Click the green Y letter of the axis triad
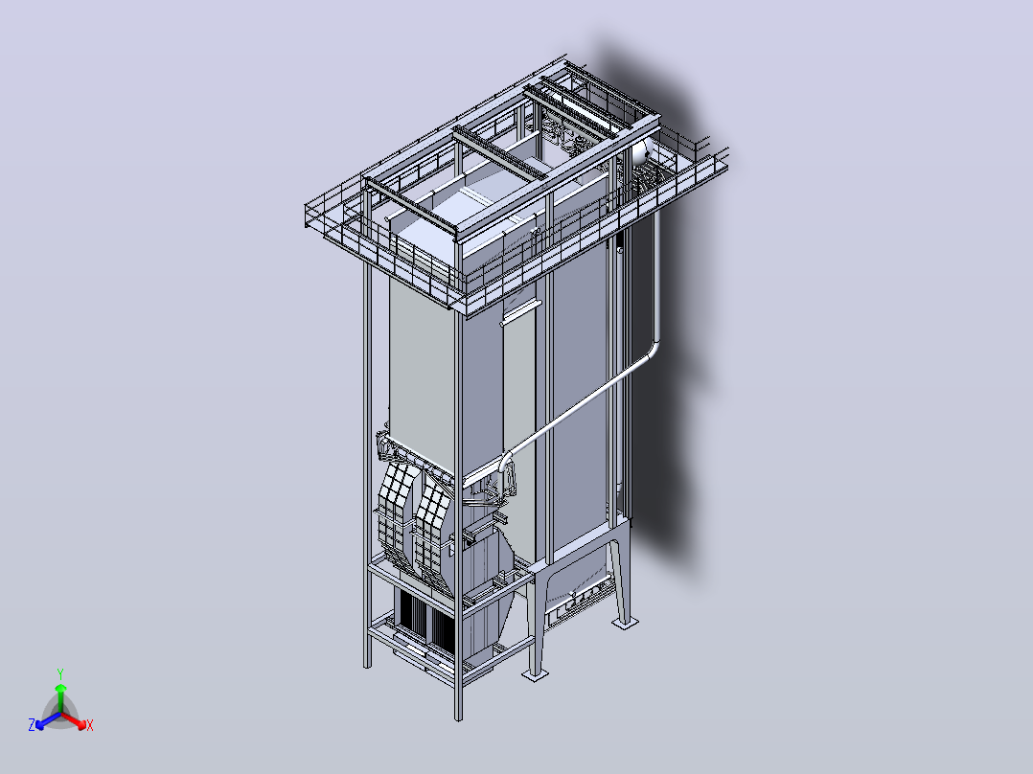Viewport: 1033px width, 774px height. [60, 673]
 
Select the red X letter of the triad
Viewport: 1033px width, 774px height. [90, 725]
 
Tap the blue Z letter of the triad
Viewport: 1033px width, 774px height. [32, 725]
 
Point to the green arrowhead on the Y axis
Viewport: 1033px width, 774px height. [60, 688]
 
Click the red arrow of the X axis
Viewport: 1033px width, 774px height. [74, 720]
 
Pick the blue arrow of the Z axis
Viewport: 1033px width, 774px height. [48, 720]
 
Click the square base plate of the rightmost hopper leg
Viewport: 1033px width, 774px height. [625, 622]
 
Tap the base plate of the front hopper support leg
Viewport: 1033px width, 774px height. [535, 673]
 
